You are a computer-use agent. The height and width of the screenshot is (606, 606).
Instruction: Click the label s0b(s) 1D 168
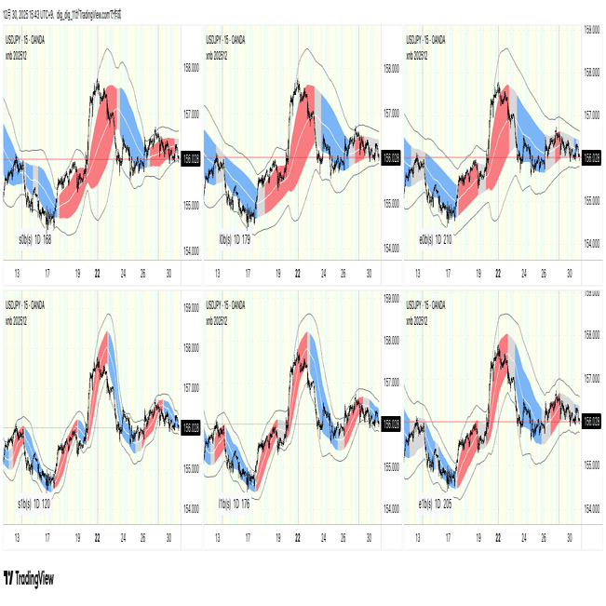[35, 240]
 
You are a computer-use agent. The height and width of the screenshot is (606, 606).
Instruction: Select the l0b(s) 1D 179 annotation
[235, 240]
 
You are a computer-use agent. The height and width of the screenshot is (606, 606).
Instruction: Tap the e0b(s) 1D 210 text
[435, 240]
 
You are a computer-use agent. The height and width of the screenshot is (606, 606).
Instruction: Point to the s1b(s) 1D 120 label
[34, 503]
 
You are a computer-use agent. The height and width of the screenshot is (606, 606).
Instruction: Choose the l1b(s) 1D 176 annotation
[235, 503]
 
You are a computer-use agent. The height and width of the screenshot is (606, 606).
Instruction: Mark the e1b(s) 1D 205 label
[435, 503]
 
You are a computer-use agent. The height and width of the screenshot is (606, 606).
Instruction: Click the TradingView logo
[29, 578]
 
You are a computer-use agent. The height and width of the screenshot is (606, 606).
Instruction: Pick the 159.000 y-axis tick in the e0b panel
[590, 30]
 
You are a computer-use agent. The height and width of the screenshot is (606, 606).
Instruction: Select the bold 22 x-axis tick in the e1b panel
[499, 538]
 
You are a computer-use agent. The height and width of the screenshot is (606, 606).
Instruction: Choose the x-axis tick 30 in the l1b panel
[370, 538]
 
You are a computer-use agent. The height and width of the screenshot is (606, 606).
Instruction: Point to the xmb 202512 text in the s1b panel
[19, 318]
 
